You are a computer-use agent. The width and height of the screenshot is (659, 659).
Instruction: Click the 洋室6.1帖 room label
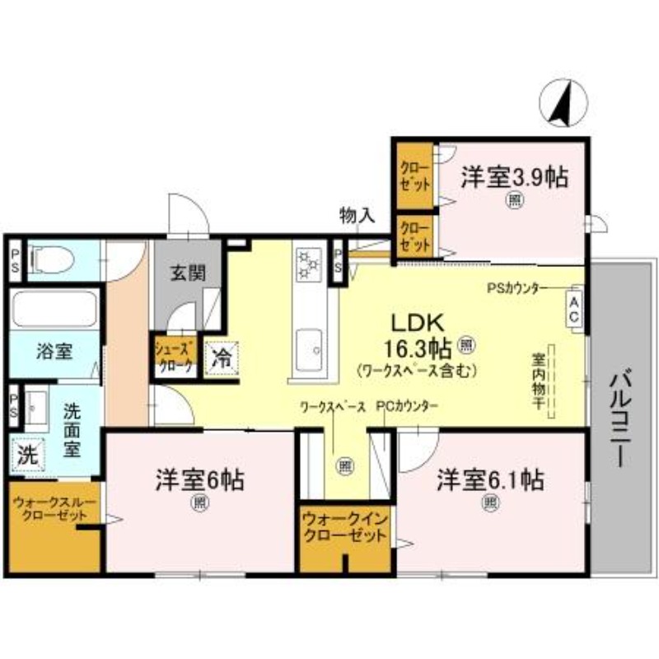pos(489,478)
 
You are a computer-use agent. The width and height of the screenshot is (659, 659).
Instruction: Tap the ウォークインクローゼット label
pos(344,529)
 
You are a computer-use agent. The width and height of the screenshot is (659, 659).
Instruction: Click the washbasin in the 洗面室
pos(37,406)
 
